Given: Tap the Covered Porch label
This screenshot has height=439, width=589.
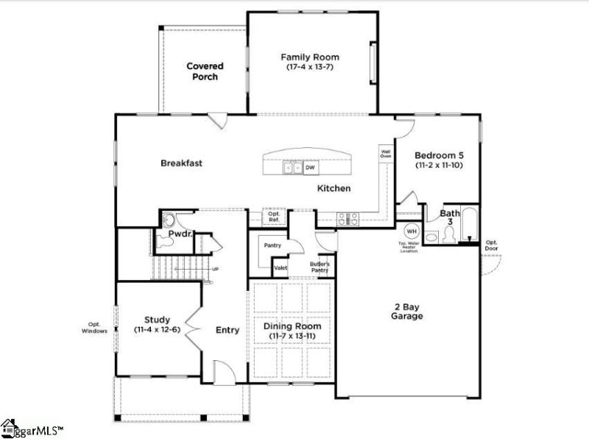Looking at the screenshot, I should click(205, 71).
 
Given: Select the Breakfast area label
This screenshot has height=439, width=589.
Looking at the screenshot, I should click(181, 163).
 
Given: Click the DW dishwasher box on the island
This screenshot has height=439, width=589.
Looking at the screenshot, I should click(311, 168).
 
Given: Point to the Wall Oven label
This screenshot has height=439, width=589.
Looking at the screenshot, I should click(385, 153).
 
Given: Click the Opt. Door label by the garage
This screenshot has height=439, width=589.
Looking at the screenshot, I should click(491, 245).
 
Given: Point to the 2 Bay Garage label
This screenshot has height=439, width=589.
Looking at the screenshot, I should click(406, 310).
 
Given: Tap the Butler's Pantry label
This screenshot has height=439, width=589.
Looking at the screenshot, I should click(319, 266).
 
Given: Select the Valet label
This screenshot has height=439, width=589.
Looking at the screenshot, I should click(281, 268).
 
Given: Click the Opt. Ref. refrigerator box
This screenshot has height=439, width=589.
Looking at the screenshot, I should click(273, 217).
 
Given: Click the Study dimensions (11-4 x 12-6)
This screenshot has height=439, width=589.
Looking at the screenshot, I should click(157, 331).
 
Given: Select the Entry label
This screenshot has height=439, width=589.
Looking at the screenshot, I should click(228, 330).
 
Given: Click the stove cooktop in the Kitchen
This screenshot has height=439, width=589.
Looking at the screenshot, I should click(348, 218).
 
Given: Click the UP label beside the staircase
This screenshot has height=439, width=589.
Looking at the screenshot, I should click(216, 268).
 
